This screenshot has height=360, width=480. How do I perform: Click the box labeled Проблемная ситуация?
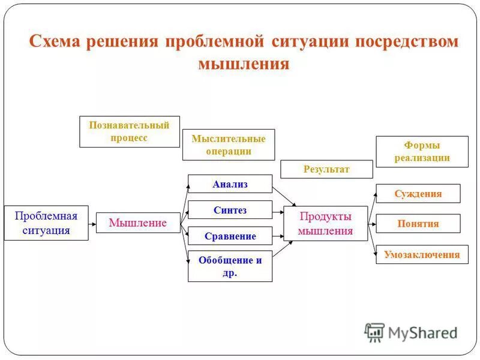click(x=46, y=223)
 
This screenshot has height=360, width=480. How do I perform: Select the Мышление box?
click(x=138, y=223)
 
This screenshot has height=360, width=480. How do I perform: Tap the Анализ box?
click(x=230, y=184)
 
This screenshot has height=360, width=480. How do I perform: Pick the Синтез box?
click(x=230, y=210)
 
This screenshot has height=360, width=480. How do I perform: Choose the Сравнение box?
click(x=230, y=236)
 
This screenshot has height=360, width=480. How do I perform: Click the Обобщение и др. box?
click(x=230, y=266)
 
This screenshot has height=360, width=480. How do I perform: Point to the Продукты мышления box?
click(x=325, y=223)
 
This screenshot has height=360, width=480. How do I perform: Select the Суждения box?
click(x=418, y=193)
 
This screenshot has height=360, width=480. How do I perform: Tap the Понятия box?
click(x=418, y=223)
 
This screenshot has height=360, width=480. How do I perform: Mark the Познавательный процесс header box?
click(x=130, y=131)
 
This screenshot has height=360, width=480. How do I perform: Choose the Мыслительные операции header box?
click(x=228, y=145)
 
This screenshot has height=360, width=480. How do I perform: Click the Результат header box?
click(x=326, y=169)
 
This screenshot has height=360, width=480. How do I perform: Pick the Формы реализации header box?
click(x=422, y=152)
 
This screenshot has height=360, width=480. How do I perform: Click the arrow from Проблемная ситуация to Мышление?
click(x=92, y=223)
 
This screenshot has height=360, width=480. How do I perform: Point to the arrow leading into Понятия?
click(x=371, y=223)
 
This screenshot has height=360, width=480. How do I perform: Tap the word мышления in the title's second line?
click(x=244, y=64)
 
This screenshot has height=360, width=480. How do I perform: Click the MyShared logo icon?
click(x=374, y=332)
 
